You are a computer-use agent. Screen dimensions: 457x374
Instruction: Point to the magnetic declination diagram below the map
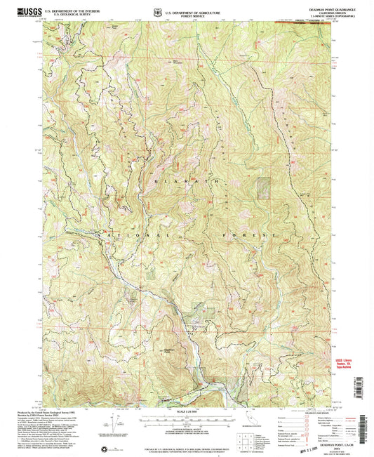tap(112, 423)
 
